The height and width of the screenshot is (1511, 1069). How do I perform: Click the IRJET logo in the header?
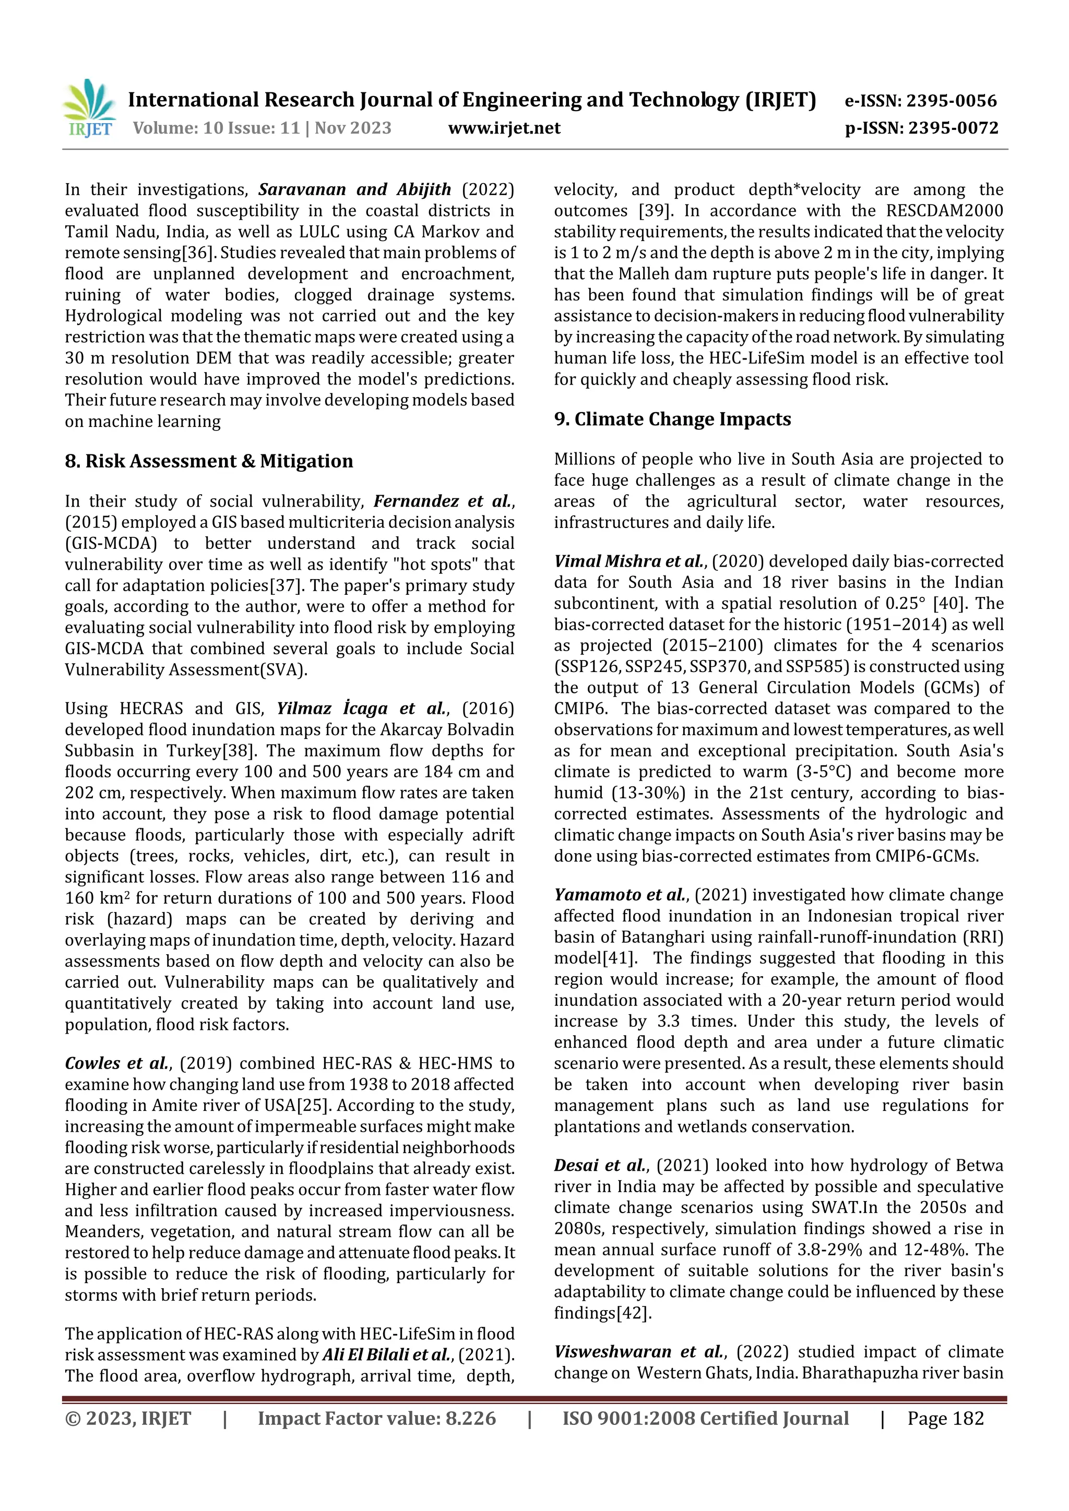coord(90,108)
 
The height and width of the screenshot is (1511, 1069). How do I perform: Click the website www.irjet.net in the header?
coord(504,128)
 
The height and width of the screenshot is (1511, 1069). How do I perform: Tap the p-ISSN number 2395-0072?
coord(953,128)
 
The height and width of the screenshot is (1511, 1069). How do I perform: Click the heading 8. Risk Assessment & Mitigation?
coord(209,461)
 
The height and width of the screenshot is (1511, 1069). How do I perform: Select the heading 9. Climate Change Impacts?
coord(672,419)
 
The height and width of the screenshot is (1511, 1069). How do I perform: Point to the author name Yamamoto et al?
coord(620,895)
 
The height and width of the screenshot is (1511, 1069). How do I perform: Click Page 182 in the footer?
coord(945,1418)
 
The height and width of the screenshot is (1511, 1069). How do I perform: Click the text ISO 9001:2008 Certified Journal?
coord(705,1418)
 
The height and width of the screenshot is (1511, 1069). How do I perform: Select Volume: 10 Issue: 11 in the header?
coord(217,128)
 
